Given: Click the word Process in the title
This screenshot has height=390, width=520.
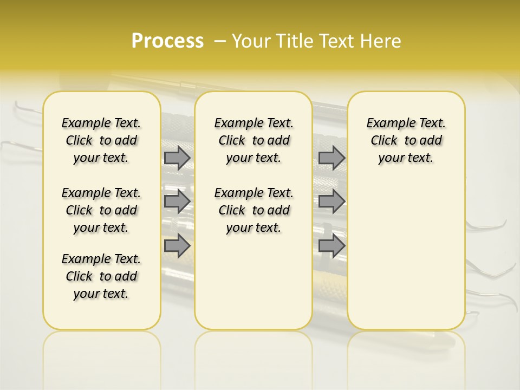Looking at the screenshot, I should pos(167,41).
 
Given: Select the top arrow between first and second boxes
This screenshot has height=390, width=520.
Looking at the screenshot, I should pos(177,158).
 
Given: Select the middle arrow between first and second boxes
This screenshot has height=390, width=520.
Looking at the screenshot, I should pos(177,201).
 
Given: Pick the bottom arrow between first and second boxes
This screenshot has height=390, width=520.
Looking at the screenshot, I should pos(177,245).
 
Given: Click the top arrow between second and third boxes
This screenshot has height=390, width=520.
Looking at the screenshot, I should pos(331,158).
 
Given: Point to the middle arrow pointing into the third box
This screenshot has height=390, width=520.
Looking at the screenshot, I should pos(331,201).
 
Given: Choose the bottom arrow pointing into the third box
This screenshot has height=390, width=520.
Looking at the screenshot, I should pos(331,245).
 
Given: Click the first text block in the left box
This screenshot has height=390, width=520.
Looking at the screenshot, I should pos(101,140).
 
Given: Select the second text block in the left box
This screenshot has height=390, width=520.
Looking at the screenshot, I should pos(101,210).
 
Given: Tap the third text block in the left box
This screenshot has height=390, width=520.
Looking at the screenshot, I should pos(101,276).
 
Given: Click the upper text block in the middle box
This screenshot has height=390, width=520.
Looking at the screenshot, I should pos(253,140).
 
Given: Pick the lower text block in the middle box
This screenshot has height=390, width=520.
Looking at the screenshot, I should pos(253,210).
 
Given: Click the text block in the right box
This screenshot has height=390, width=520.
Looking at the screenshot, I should pos(406,140).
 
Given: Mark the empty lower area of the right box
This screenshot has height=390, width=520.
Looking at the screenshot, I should pos(406,249).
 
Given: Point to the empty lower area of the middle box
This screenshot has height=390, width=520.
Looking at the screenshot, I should pos(253,282).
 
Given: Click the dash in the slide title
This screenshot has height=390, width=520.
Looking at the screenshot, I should pos(220,41).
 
